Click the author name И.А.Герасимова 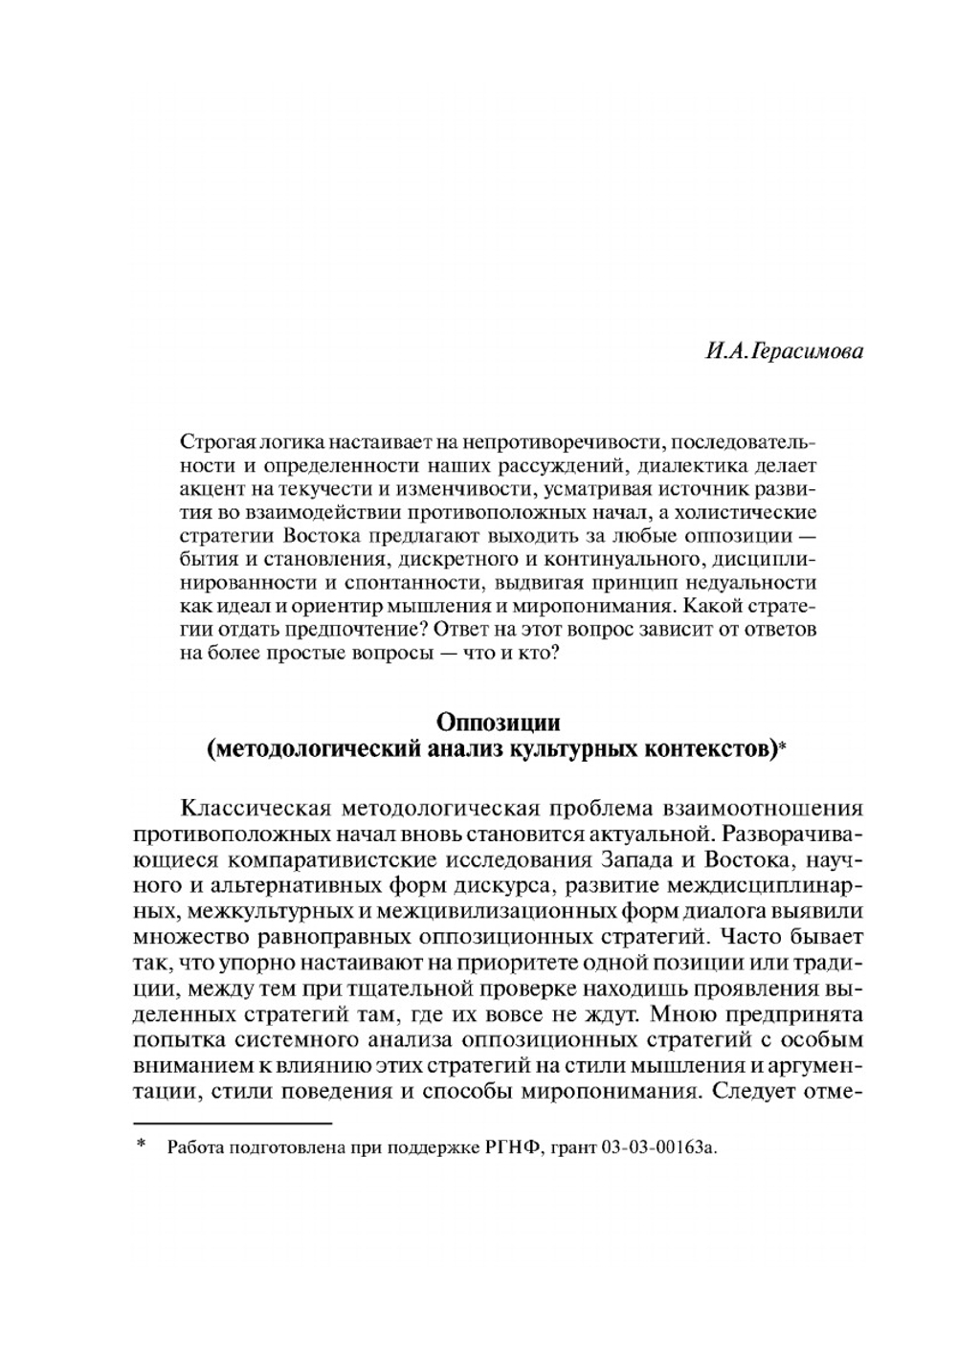point(784,352)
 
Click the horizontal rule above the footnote point(232,1122)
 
